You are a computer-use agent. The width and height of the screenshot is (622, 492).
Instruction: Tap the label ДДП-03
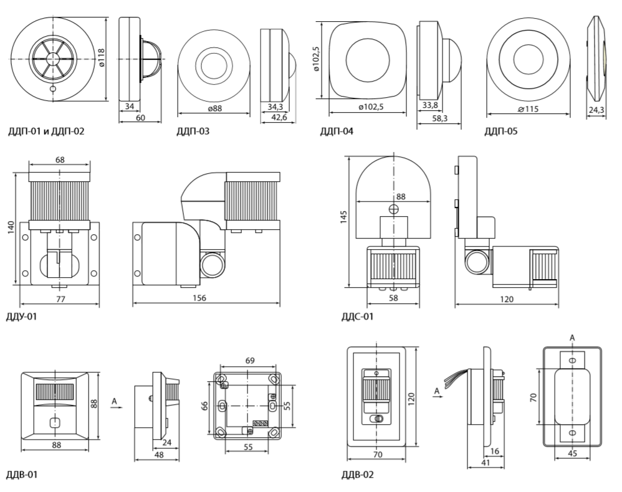click(193, 131)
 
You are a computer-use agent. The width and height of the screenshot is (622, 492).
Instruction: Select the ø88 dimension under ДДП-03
click(213, 108)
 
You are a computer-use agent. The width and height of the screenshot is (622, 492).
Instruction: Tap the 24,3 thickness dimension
click(596, 110)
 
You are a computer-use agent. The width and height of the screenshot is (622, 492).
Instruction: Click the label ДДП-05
click(501, 131)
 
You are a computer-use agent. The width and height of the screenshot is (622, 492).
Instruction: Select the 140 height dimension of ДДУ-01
click(11, 228)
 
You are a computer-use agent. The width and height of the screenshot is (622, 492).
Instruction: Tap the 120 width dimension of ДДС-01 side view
click(506, 299)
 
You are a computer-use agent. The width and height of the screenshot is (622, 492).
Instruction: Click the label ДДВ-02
click(358, 475)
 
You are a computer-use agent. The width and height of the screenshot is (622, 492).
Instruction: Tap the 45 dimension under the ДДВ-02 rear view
click(572, 453)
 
